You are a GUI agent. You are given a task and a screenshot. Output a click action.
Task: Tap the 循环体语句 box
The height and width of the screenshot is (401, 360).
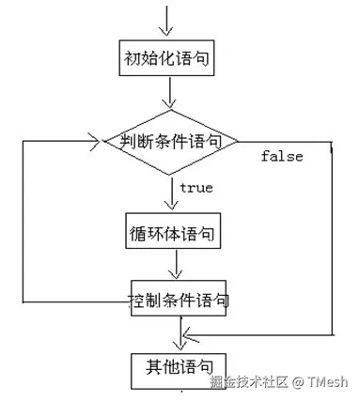point(172,230)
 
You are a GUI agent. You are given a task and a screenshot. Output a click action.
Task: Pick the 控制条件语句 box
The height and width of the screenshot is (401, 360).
point(178,301)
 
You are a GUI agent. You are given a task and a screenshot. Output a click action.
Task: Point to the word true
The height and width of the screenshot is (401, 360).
point(196,188)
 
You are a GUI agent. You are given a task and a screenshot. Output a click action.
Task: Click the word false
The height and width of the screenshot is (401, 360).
point(281,157)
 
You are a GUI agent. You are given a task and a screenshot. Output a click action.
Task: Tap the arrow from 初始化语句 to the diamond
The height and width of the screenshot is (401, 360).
point(169,91)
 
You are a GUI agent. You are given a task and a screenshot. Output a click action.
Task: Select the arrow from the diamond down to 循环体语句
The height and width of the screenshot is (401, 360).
point(172,194)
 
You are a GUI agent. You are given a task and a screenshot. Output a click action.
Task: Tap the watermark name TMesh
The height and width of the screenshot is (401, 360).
point(325,382)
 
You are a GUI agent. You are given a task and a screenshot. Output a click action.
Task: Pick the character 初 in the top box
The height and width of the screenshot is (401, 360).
point(133,59)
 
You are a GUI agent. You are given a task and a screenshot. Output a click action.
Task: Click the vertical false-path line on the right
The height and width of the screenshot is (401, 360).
point(334,239)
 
